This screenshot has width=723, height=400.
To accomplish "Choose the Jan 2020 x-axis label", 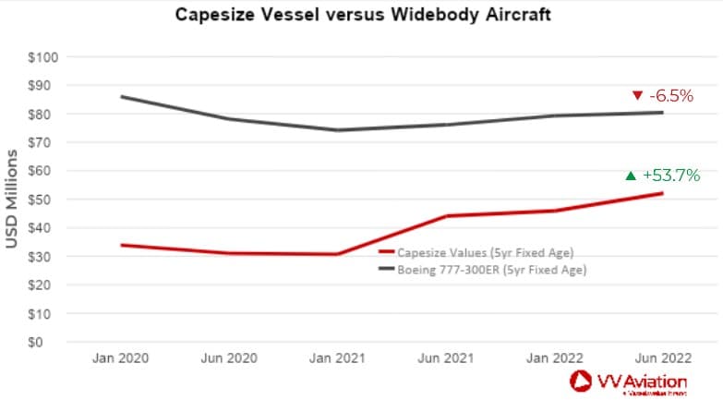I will [121, 357].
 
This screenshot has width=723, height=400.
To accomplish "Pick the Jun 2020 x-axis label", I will [229, 357].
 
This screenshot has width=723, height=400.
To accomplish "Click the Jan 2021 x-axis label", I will [337, 357].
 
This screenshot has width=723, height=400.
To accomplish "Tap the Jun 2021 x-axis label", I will [445, 357].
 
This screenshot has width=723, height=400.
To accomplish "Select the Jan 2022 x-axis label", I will [554, 357].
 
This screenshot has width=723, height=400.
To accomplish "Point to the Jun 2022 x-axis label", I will [662, 357].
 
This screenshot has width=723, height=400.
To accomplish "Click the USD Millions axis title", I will [13, 200].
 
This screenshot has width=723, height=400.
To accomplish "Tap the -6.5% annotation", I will [671, 96].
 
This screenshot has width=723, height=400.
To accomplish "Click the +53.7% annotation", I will [671, 175].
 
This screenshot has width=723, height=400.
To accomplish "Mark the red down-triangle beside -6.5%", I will [636, 96].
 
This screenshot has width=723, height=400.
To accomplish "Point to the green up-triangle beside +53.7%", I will [631, 175].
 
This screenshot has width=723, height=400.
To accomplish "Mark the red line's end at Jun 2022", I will [662, 193].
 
